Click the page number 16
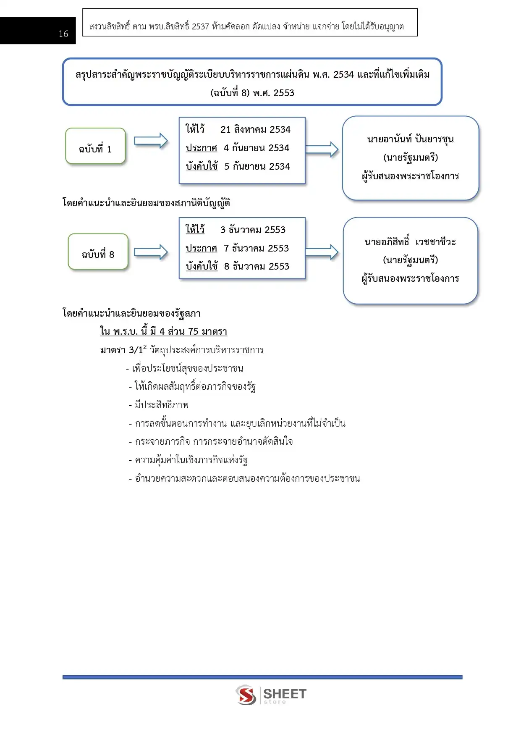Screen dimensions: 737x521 click(63, 34)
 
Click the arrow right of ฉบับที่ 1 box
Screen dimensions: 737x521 click(151, 141)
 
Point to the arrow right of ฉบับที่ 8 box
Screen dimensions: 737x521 click(151, 252)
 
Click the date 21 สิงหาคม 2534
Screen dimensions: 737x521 click(255, 129)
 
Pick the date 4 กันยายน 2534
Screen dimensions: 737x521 click(257, 148)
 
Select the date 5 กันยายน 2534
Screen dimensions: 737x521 click(257, 166)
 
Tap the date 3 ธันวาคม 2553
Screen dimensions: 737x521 click(253, 230)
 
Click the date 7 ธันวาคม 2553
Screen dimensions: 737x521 click(256, 248)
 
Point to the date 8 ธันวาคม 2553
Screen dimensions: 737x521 click(257, 266)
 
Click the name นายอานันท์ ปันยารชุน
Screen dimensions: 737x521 click(410, 139)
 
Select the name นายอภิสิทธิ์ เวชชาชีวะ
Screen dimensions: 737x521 click(410, 242)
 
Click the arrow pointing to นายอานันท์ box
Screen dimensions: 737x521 click(322, 149)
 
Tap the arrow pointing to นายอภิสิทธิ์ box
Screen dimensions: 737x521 click(322, 252)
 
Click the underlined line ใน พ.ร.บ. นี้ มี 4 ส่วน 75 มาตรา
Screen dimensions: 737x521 click(163, 331)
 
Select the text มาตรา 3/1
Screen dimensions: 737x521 click(121, 350)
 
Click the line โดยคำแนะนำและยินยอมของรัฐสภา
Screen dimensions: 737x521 click(131, 313)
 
